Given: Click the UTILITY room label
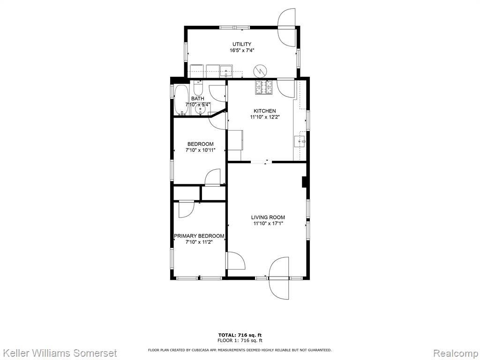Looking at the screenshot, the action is coord(241,44).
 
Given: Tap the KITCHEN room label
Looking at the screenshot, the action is coord(264,111).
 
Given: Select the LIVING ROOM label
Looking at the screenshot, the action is coord(268,217).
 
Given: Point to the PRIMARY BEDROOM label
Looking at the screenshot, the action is coord(199,236).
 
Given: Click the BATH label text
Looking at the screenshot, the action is coord(197,98).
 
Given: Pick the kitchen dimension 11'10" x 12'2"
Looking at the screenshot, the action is coord(265,117).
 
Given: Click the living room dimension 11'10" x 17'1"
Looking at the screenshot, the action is coord(268,224).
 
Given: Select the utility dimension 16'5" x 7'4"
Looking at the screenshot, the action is coord(242,50).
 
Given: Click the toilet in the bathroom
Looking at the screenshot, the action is coord(198,88).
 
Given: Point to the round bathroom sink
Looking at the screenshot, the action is coord(201,110).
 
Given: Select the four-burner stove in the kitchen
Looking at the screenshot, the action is coord(263,88).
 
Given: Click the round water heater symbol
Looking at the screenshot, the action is coord(260,71).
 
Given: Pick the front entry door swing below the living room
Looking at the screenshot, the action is coord(279,278).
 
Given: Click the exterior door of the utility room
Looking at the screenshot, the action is coord(287,27).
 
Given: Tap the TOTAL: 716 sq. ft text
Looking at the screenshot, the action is coord(240,335).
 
